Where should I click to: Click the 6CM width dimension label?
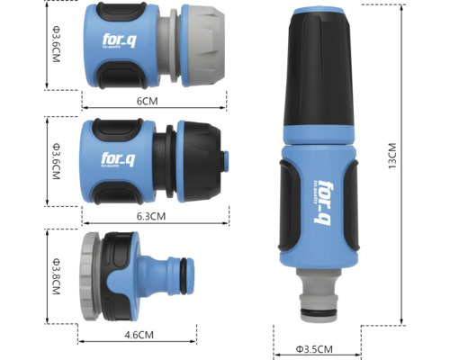click(x=147, y=101)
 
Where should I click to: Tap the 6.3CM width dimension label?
click(x=151, y=216)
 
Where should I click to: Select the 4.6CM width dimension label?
click(x=139, y=335)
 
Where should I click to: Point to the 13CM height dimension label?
click(x=392, y=156)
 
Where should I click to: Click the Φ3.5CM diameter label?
click(x=314, y=349)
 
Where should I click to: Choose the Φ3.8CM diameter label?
click(x=56, y=276)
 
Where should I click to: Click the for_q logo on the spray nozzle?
click(x=322, y=202)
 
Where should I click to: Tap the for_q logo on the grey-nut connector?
click(x=119, y=41)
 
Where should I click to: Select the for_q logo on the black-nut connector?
click(x=118, y=159)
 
